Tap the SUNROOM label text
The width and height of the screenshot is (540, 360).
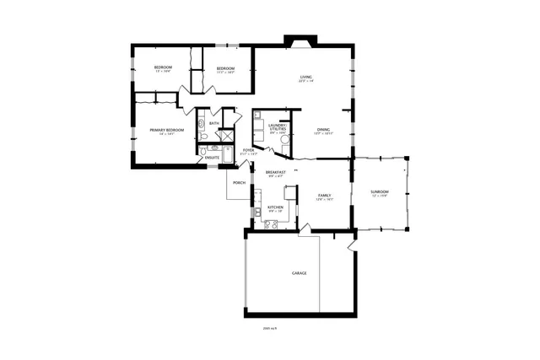tap(379, 193)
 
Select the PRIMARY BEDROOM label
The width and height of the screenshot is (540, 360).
tap(167, 130)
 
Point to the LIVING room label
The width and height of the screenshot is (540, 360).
tap(305, 78)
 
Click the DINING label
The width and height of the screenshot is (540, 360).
tap(324, 129)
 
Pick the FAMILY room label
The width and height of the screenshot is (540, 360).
tap(324, 196)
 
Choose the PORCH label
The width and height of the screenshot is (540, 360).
tap(240, 182)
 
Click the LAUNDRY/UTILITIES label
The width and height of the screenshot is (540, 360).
tap(278, 126)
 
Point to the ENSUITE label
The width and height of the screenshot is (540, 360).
tap(213, 158)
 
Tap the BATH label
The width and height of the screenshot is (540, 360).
tap(214, 124)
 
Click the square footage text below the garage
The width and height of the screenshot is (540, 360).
tap(271, 328)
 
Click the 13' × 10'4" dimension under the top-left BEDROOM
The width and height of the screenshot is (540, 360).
tap(163, 72)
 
